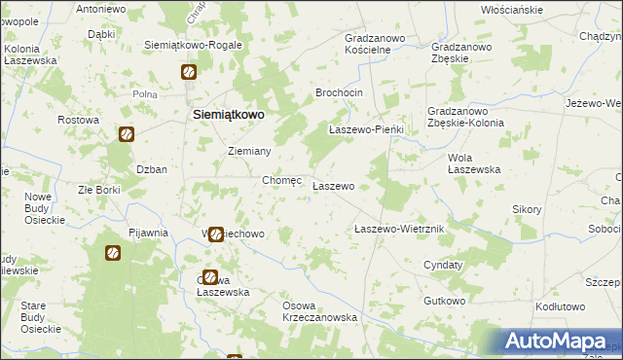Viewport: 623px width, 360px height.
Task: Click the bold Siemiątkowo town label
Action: click(226, 114)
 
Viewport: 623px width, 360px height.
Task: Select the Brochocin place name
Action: click(339, 91)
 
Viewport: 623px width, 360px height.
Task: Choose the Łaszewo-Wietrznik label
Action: click(399, 229)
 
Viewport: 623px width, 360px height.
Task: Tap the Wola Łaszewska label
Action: click(473, 162)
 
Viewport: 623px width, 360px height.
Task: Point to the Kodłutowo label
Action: click(560, 306)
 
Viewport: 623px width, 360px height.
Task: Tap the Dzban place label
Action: click(152, 168)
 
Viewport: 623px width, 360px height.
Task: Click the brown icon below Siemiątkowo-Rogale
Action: click(189, 72)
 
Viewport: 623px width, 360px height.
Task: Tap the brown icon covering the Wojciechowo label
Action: click(216, 234)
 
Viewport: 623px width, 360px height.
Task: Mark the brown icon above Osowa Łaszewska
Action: click(210, 277)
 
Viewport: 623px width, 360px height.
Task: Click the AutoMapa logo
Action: click(555, 341)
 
